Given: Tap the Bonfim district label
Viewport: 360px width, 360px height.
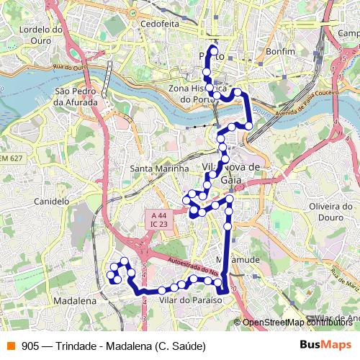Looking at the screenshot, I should [279, 53].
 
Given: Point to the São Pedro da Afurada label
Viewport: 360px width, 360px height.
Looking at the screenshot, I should [76, 97].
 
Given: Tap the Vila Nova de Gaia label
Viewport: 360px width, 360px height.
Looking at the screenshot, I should [232, 173].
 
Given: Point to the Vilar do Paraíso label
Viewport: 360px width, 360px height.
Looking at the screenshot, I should [189, 299].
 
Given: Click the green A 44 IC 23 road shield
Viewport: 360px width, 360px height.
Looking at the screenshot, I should [159, 220].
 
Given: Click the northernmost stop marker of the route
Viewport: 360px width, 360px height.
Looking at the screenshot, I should [212, 50].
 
